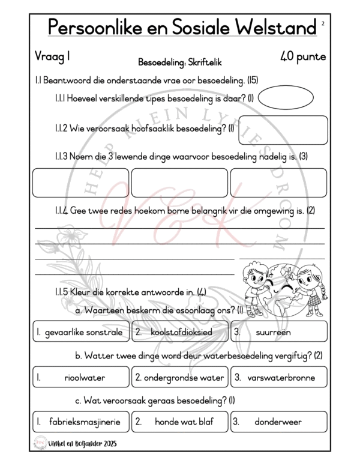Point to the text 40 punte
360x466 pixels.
[x=302, y=57]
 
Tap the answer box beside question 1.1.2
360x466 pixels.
[x=283, y=130]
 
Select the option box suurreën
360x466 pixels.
[x=278, y=331]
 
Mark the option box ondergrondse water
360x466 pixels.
[x=179, y=378]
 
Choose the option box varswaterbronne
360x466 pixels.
[x=278, y=378]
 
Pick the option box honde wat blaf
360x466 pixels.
[x=179, y=422]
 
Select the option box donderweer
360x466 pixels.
[x=278, y=422]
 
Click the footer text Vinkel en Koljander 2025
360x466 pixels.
[x=84, y=444]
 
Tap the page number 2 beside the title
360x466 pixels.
[x=323, y=23]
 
